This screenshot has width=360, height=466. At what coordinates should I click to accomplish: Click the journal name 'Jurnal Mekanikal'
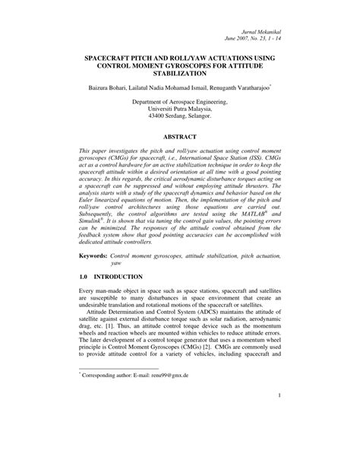(263, 26)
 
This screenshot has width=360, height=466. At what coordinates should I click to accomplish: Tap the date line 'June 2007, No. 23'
(248, 35)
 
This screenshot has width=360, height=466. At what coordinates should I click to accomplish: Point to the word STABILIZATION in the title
(180, 76)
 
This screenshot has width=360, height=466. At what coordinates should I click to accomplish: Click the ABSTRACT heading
(180, 147)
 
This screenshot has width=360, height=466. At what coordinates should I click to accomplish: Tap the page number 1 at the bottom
(279, 437)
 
